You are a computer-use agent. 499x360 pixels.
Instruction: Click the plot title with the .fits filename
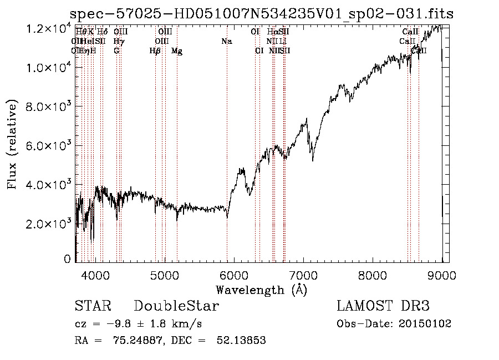point(261,13)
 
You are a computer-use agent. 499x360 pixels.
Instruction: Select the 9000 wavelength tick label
point(442,274)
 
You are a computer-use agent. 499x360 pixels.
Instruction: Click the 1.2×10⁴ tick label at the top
point(48,28)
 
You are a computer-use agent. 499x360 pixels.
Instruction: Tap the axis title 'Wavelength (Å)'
point(261,290)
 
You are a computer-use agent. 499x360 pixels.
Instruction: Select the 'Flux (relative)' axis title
point(13,144)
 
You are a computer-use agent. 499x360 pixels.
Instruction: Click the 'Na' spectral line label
point(226,41)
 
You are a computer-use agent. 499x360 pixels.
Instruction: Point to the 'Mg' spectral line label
point(177,51)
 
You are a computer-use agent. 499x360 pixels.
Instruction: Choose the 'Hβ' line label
point(155,51)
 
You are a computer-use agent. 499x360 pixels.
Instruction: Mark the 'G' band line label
point(116,51)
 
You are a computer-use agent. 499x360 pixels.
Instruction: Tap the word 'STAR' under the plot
point(93,306)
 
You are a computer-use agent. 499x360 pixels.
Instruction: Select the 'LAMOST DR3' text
point(383,306)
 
